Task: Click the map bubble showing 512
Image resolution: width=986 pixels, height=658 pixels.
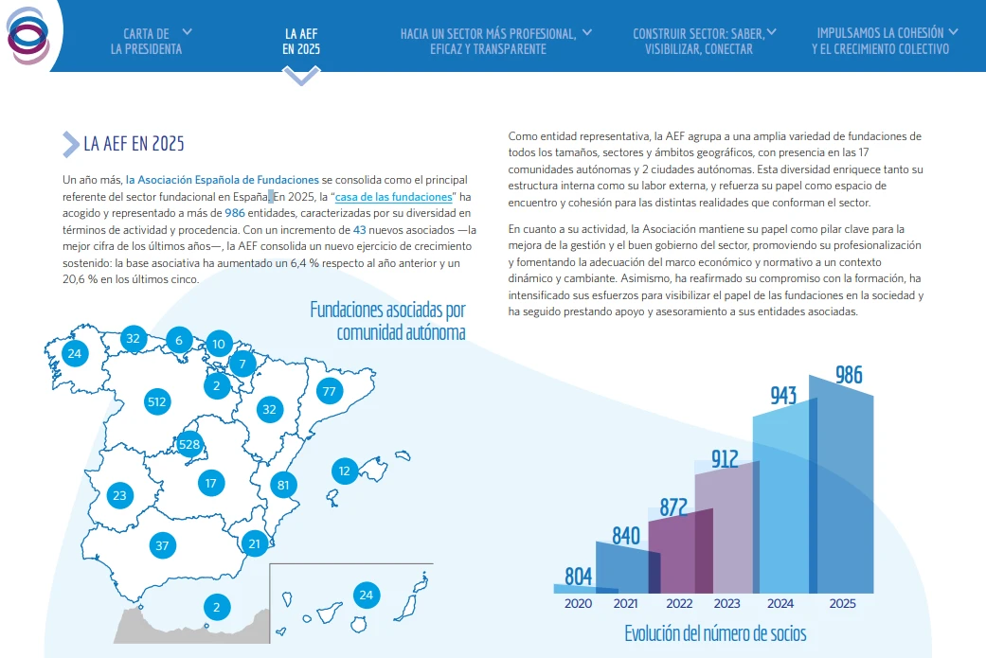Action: [156, 401]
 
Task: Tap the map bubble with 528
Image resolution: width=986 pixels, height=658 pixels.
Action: [189, 444]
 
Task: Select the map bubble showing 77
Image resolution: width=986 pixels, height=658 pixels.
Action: [329, 391]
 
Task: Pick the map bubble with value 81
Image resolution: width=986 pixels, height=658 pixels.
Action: [283, 485]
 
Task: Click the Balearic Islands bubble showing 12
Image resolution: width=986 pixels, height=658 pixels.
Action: [344, 471]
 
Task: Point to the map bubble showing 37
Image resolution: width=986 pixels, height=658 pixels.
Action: [162, 545]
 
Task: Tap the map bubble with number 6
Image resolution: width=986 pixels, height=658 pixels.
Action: [179, 340]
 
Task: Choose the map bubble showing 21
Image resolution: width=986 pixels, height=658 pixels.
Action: [254, 543]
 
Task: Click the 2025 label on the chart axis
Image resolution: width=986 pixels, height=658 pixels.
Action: [842, 603]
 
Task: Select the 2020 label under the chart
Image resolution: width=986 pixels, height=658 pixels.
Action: [578, 603]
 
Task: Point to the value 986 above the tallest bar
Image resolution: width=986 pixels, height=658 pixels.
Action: [849, 375]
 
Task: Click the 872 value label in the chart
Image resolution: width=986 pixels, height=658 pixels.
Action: [673, 507]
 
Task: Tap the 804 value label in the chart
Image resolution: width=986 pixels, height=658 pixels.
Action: [578, 576]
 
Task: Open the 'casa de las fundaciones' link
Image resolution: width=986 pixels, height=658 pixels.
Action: [394, 197]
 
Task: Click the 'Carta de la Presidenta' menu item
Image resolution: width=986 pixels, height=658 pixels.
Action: [147, 41]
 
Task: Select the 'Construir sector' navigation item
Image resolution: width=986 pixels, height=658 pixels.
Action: [699, 41]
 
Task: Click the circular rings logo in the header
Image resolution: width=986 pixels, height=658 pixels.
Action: [28, 35]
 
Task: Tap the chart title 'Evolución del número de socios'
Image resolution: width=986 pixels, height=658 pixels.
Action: [715, 632]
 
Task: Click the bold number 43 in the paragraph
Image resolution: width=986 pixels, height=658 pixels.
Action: [359, 230]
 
